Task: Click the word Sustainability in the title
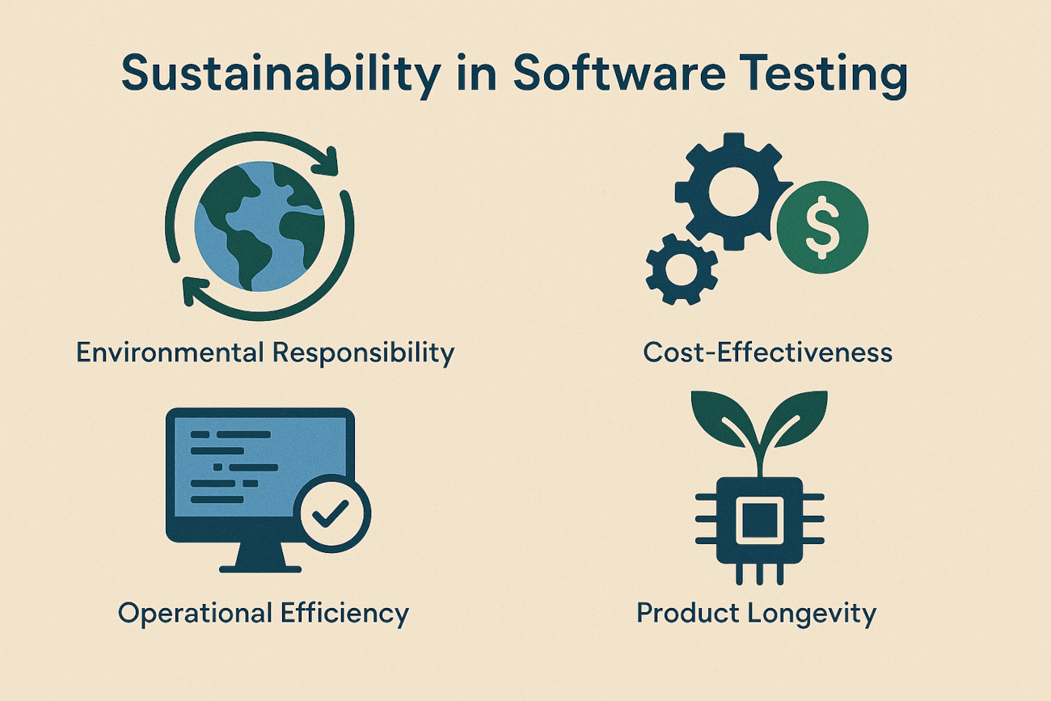[x=281, y=74]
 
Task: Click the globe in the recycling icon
[x=260, y=226]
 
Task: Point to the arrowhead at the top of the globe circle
[x=326, y=162]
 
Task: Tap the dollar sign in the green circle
[x=822, y=227]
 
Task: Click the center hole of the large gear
[x=733, y=192]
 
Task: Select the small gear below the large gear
[x=682, y=269]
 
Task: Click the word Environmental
[x=170, y=353]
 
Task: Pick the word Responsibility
[x=363, y=353]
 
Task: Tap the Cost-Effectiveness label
[x=767, y=353]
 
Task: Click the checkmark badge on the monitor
[x=332, y=513]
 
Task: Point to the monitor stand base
[x=260, y=569]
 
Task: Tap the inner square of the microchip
[x=759, y=521]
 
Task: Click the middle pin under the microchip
[x=760, y=573]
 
